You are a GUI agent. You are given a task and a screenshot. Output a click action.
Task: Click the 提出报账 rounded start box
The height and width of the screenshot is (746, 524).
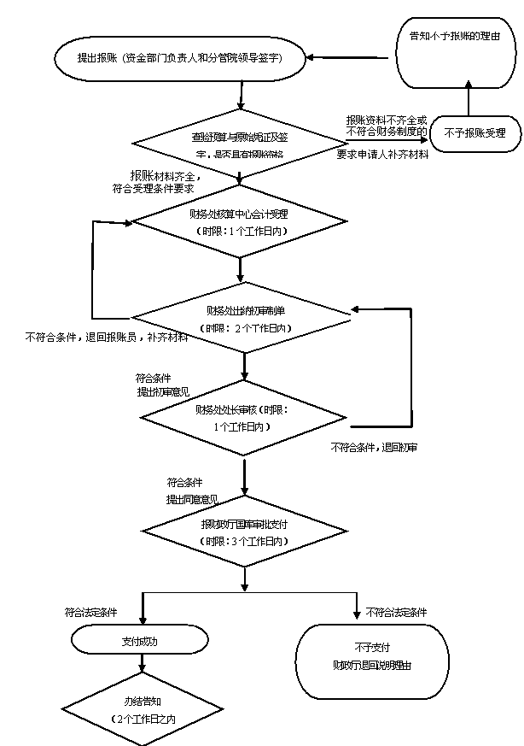179,59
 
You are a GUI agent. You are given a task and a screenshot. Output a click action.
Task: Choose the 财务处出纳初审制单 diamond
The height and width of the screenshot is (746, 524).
245,318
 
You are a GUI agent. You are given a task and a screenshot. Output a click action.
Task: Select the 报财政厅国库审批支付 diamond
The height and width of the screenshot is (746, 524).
245,532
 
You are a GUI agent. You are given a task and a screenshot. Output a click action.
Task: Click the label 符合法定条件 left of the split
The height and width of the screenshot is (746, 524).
91,613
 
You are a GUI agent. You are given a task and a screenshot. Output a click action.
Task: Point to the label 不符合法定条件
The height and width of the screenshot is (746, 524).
397,613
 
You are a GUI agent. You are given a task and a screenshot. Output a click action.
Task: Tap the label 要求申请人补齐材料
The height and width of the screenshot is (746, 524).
382,156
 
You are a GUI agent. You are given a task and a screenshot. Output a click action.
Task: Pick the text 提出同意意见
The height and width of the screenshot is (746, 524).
192,499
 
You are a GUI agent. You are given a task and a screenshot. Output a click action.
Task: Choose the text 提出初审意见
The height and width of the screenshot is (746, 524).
163,392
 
